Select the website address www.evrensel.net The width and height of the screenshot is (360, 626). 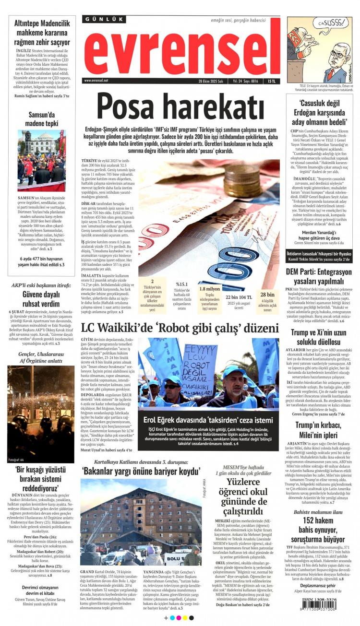96,81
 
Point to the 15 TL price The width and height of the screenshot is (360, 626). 272,81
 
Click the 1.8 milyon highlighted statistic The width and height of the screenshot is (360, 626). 210,289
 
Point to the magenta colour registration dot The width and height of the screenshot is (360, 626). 179,618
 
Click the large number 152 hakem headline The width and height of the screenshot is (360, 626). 319,520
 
